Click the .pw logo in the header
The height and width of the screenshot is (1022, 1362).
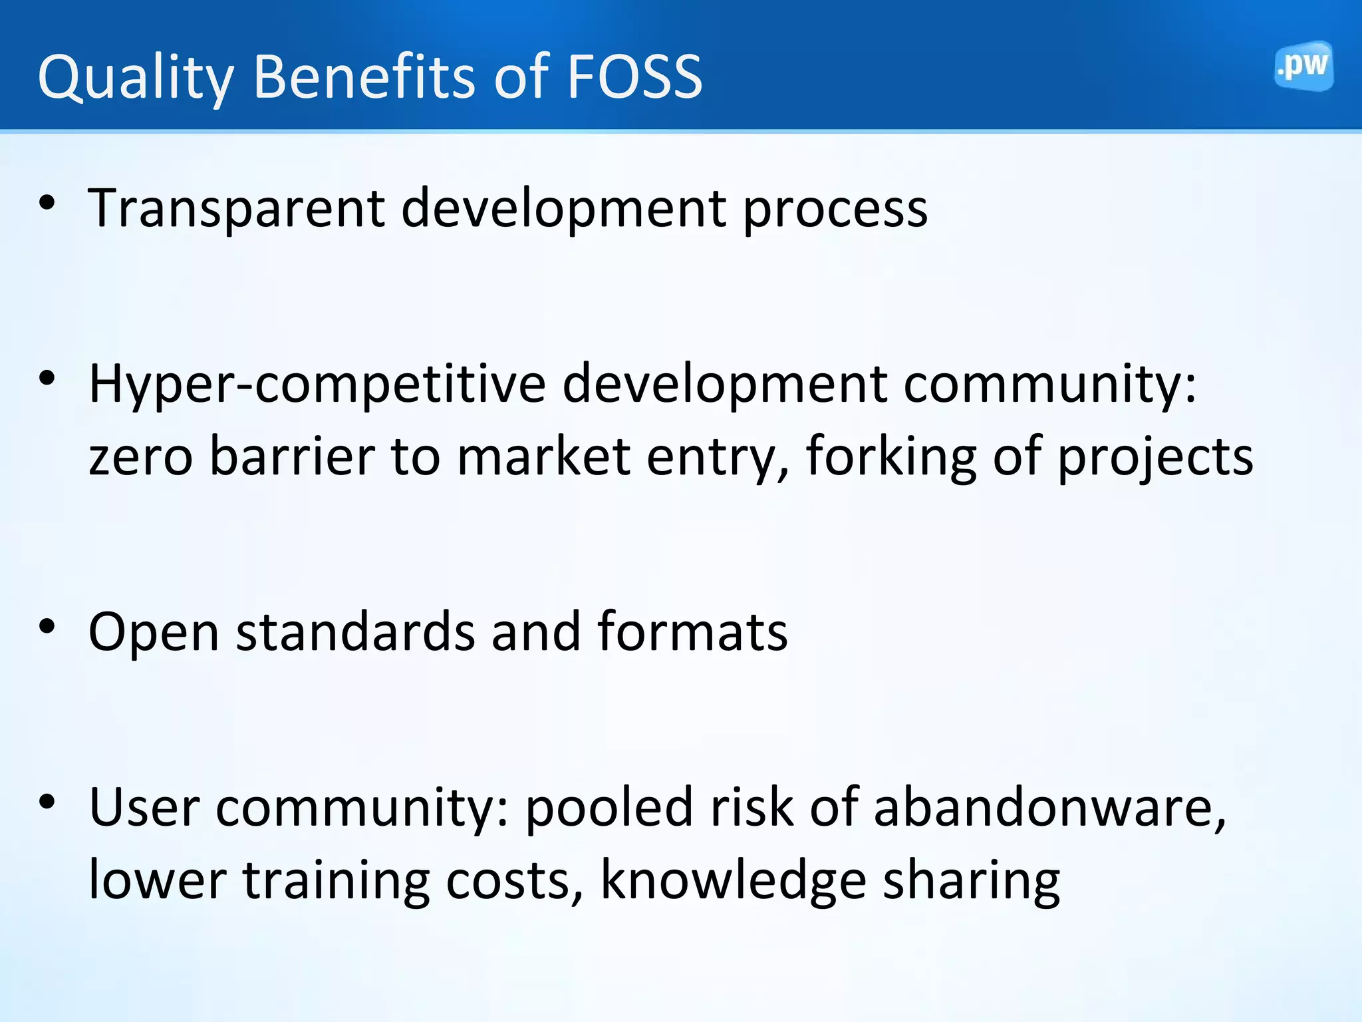click(1303, 67)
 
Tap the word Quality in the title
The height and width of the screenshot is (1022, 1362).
click(136, 79)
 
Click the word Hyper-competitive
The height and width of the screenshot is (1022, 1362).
click(317, 385)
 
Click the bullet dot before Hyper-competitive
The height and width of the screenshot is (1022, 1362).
click(47, 378)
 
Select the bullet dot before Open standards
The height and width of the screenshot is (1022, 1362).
click(47, 626)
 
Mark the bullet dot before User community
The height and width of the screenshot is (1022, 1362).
click(47, 801)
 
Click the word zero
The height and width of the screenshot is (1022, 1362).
click(141, 458)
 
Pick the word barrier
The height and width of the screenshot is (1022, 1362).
click(292, 456)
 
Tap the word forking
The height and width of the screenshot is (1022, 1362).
click(891, 458)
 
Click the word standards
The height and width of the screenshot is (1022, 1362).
click(356, 631)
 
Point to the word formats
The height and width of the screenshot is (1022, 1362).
click(692, 631)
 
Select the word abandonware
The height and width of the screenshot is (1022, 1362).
click(1049, 807)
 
